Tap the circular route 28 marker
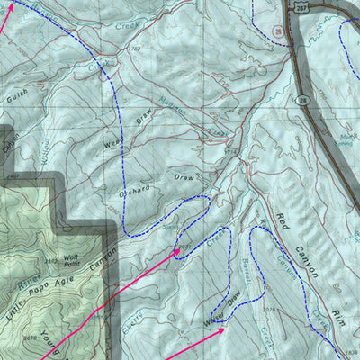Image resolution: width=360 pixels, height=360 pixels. coord(281,31)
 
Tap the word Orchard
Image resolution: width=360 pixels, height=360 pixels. coord(133,193)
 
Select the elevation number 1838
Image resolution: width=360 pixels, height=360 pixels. coord(351,351)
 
